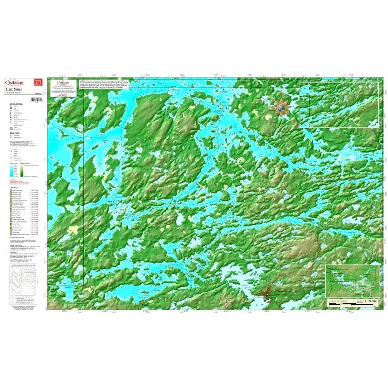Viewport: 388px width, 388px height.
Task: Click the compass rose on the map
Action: pyautogui.click(x=281, y=107)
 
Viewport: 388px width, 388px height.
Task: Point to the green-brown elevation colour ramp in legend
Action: pyautogui.click(x=24, y=171)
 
